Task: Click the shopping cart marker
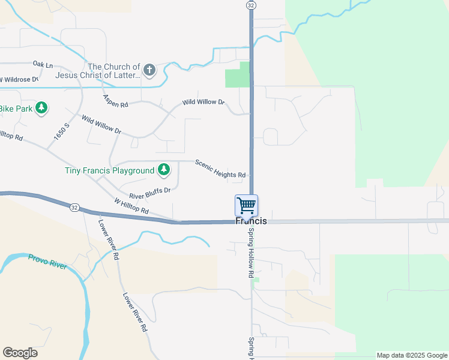(247, 205)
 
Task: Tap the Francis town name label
(251, 221)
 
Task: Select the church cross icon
(149, 71)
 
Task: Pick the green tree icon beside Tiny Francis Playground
(163, 170)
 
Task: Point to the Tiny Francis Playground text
(110, 171)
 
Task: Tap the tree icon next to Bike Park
(41, 108)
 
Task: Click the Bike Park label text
(14, 109)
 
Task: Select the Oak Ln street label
(43, 64)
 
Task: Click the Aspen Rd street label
(116, 101)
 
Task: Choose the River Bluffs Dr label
(149, 193)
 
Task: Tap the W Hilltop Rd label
(131, 206)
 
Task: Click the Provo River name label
(47, 262)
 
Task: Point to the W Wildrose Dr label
(19, 79)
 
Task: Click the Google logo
(20, 353)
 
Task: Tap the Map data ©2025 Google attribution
(412, 355)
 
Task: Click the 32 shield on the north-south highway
(251, 4)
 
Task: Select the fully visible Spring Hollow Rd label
(251, 253)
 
